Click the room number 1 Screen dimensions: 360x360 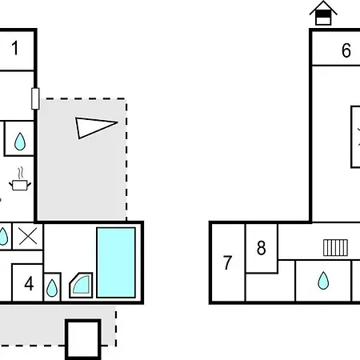pos(15,48)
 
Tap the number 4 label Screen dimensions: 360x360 pos(29,283)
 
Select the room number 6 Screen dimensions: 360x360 pos(346,50)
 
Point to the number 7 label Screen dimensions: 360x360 pos(227,262)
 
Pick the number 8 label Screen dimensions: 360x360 pos(262,248)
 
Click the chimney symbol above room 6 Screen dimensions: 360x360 pos(323,13)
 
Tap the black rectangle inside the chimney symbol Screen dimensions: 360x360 pos(323,14)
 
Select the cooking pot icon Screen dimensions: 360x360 pos(20,185)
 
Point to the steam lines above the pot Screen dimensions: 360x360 pos(21,173)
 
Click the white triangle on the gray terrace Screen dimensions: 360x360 pos(94,127)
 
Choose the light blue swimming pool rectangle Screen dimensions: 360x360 pos(116,262)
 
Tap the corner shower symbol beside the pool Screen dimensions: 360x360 pos(81,285)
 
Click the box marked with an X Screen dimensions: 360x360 pos(28,237)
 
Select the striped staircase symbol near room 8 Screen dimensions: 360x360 pos(335,248)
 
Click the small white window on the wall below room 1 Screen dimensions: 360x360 pos(35,98)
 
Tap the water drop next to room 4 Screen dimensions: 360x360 pos(52,288)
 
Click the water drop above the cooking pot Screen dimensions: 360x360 pos(20,142)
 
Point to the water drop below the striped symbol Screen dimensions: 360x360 pos(323,281)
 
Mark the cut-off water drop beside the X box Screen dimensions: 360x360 pos(3,236)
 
